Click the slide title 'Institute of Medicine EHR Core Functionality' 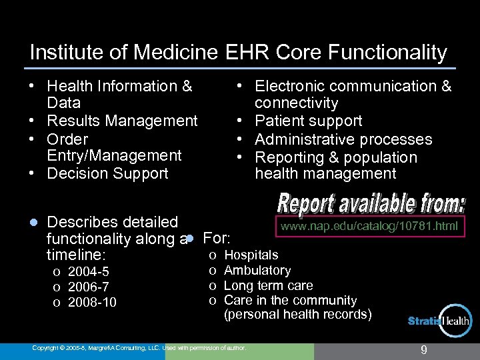(x=238, y=53)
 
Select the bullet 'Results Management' (x=122, y=121)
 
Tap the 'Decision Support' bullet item (x=107, y=173)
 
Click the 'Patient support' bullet (x=309, y=121)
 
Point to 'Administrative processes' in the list (x=343, y=139)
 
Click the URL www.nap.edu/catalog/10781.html (x=369, y=227)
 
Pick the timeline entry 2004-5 (x=88, y=271)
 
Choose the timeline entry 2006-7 (x=88, y=287)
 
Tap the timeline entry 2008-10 (x=92, y=302)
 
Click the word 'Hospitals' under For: (x=251, y=255)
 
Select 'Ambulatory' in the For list (x=257, y=270)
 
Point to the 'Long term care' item (x=268, y=285)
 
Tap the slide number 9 (x=423, y=349)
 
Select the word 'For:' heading (x=217, y=238)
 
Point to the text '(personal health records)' (x=298, y=314)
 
